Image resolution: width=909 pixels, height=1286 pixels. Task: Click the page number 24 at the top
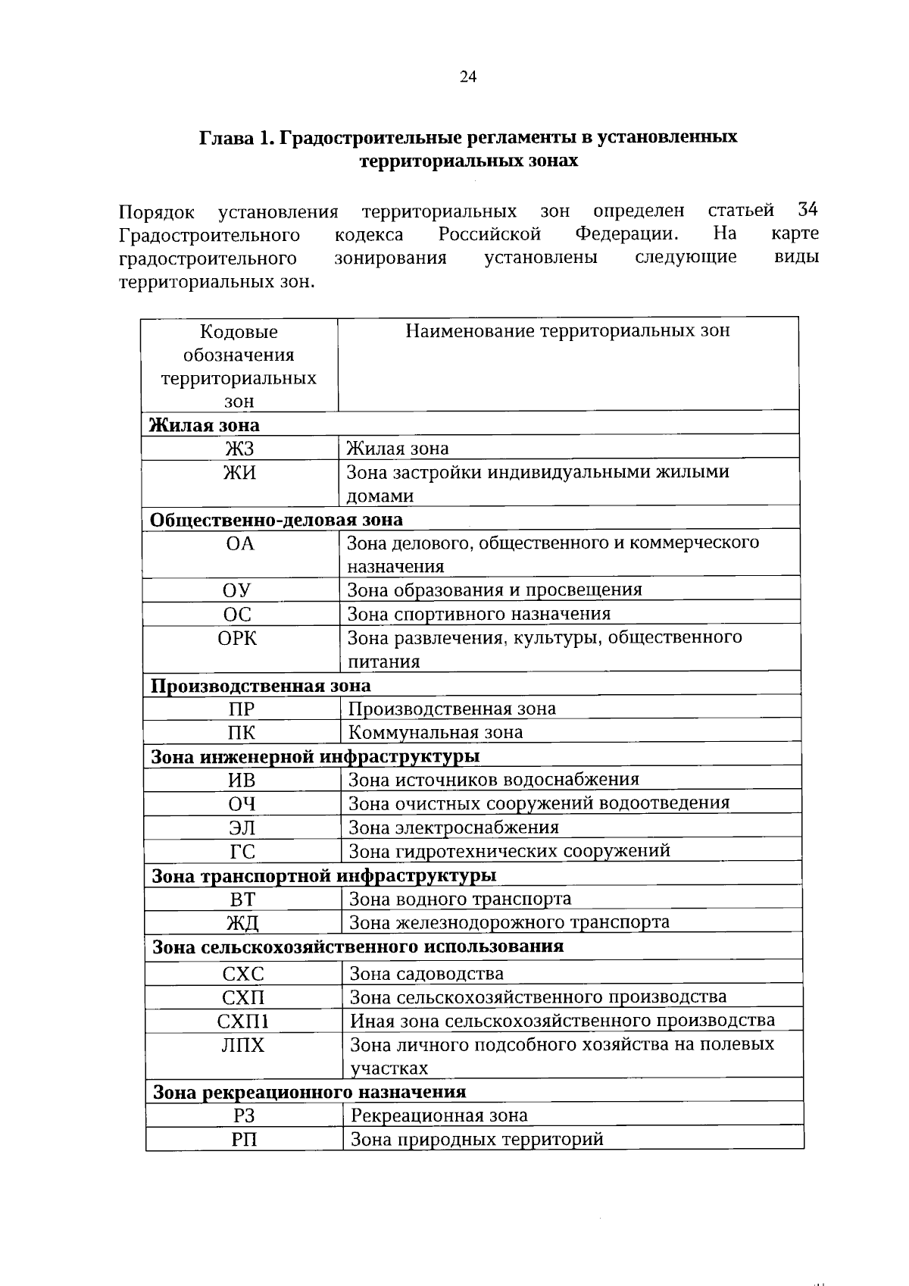[x=467, y=76]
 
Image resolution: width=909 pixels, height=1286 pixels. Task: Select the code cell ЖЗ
[x=239, y=449]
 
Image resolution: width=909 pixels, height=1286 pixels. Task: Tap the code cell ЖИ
[x=239, y=473]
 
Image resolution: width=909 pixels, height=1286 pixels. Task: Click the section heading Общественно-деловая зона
[x=276, y=520]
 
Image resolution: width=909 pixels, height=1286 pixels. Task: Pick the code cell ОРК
[x=238, y=639]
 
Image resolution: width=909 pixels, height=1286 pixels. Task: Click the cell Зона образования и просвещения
[x=494, y=590]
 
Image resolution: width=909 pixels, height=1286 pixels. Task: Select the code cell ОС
[x=239, y=615]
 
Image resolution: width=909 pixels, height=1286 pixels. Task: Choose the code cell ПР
[x=241, y=709]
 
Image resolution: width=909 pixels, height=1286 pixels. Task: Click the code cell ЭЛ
[x=242, y=828]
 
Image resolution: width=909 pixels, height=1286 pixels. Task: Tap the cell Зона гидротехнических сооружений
[x=509, y=851]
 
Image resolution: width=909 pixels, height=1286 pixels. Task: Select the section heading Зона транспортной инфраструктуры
[x=324, y=876]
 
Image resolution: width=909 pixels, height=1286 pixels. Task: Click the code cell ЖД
[x=242, y=923]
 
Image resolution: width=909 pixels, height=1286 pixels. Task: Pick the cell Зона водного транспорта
[x=460, y=899]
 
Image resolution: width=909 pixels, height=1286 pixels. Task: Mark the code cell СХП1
[x=243, y=1022]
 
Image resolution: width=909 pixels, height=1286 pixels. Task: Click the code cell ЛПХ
[x=243, y=1046]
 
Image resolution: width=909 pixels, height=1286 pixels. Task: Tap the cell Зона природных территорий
[x=476, y=1139]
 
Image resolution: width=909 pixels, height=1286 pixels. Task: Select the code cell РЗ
[x=244, y=1115]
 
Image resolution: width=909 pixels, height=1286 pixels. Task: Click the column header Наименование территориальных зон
[x=567, y=331]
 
